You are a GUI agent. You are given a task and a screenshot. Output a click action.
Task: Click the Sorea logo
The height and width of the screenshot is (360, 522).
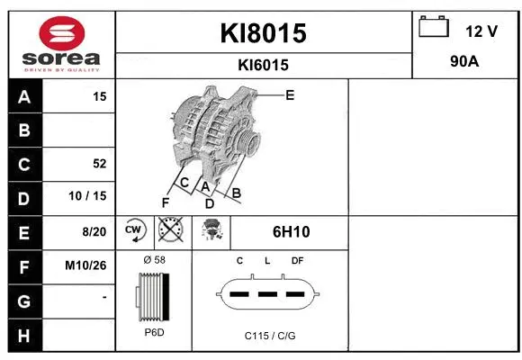[60, 42]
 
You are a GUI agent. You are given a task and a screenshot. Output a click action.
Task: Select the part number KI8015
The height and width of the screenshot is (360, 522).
[264, 33]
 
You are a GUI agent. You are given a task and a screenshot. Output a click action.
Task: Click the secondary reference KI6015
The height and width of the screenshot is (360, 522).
[264, 65]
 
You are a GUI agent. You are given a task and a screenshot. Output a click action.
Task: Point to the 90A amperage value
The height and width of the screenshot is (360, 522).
[465, 64]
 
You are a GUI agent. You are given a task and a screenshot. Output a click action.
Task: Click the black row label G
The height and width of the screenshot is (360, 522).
[23, 301]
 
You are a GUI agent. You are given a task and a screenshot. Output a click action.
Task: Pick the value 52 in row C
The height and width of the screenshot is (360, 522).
[99, 164]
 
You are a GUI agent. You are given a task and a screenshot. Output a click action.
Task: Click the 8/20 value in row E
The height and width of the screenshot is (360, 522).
[94, 232]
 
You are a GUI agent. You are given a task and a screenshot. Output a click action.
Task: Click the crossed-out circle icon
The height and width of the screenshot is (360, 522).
[169, 230]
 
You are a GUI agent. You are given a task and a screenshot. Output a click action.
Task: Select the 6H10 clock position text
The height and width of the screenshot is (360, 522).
[291, 232]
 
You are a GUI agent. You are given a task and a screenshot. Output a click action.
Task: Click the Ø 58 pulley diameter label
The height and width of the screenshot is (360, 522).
[154, 260]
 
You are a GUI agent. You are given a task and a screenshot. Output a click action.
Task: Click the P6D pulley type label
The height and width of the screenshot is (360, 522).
[154, 333]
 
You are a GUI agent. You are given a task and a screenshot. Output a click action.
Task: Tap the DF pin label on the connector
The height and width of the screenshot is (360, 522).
[297, 262]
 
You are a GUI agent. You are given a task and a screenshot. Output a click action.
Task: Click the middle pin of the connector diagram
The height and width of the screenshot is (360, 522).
[267, 293]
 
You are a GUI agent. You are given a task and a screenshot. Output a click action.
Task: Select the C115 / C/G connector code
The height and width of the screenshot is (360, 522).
[269, 335]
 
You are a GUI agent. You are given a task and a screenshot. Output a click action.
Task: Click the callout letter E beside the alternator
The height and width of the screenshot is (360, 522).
[290, 94]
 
